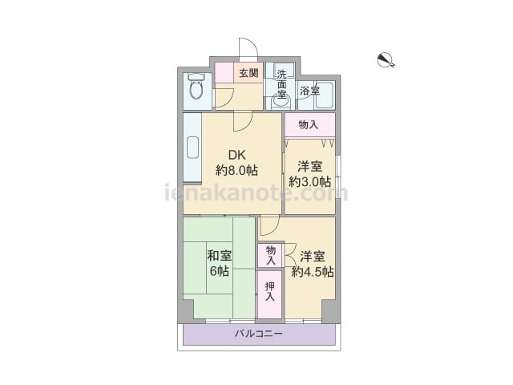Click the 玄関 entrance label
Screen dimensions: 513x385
click(x=248, y=73)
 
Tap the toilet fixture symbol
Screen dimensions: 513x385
click(x=196, y=86)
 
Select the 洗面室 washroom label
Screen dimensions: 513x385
click(x=281, y=83)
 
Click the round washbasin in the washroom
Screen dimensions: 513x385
click(x=281, y=102)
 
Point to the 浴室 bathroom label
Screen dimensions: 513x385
click(x=309, y=91)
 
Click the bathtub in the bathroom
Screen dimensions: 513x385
click(x=324, y=95)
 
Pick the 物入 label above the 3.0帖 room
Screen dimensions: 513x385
click(x=308, y=124)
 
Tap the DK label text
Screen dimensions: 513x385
click(x=236, y=155)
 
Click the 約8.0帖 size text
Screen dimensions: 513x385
click(x=236, y=170)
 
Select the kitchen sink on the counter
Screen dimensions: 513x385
click(x=192, y=148)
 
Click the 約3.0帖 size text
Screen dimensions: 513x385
click(x=310, y=182)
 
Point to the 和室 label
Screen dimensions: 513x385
click(x=220, y=255)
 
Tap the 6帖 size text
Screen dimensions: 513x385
click(x=220, y=271)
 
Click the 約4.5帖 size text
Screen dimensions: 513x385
click(x=313, y=272)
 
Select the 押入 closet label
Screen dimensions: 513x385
click(x=270, y=291)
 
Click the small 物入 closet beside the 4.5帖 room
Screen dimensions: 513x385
click(x=271, y=255)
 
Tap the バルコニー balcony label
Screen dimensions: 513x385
click(x=258, y=334)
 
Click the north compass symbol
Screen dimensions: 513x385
click(x=386, y=60)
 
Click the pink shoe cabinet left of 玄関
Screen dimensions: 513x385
click(x=224, y=73)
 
